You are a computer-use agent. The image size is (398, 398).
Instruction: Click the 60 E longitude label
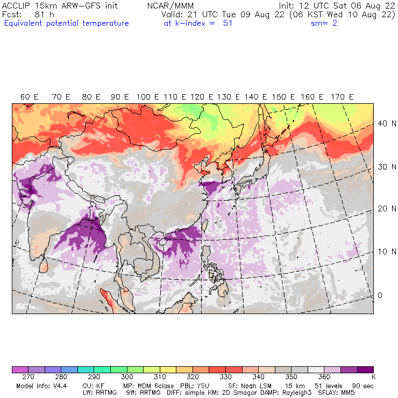point(30,97)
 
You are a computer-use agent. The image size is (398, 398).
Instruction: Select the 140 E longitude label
point(256,97)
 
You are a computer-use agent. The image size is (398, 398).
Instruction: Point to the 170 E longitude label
point(343,97)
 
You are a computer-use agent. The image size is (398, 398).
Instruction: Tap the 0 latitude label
point(380,295)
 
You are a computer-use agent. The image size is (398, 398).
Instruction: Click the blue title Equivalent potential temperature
point(66,23)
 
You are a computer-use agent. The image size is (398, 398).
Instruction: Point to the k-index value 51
point(228,23)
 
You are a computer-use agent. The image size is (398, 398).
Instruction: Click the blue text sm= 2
point(324,23)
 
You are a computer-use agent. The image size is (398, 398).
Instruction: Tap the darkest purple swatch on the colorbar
point(365,370)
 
